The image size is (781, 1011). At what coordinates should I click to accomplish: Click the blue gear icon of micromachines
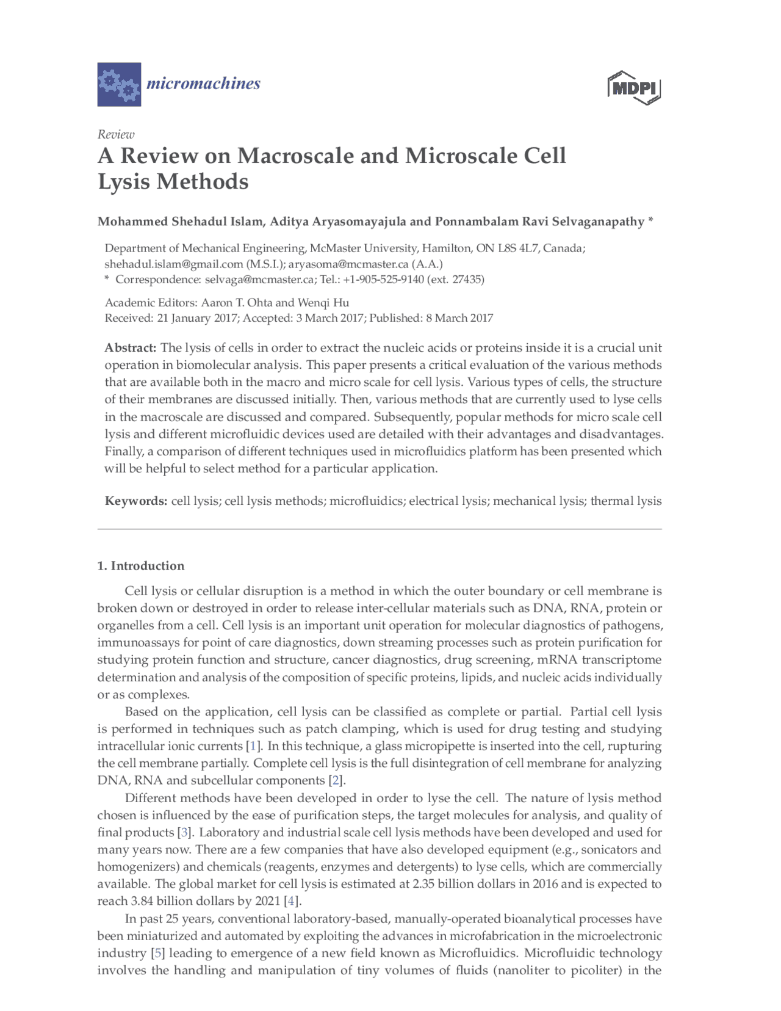(119, 84)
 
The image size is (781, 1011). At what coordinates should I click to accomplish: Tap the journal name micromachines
(203, 84)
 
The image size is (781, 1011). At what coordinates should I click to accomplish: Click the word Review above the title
(116, 134)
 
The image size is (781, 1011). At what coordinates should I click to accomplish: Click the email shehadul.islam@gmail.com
(174, 264)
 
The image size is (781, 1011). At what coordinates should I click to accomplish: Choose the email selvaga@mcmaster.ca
(259, 280)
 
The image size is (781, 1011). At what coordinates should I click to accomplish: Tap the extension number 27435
(467, 280)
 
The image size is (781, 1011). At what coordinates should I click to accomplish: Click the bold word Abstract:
(131, 348)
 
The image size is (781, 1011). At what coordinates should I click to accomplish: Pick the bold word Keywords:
(136, 501)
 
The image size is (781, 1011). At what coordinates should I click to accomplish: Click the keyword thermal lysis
(626, 501)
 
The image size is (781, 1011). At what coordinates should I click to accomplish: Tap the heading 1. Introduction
(141, 566)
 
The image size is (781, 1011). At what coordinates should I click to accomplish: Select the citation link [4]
(292, 901)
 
